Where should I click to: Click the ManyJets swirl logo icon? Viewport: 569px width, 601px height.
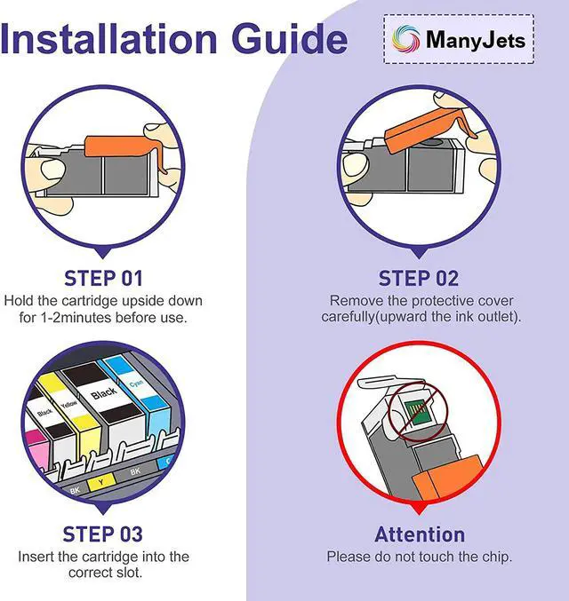pos(405,39)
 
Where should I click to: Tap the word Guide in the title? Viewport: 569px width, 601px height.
pos(290,38)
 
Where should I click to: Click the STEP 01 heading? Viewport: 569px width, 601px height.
pos(103,278)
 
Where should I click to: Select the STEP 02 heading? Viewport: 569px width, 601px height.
pos(419,278)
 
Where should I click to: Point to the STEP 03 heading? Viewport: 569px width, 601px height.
pos(103,534)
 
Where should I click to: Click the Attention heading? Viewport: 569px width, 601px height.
pos(420,534)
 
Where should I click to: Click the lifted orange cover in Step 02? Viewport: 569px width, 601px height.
pos(430,129)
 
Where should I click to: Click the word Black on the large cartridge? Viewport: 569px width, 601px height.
pos(104,393)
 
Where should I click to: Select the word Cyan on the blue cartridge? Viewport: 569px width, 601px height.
pos(136,383)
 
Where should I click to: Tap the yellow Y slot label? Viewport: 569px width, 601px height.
pos(101,482)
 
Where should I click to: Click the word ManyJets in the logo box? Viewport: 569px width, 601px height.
pos(476,39)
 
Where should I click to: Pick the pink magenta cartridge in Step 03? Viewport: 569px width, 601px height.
pos(37,448)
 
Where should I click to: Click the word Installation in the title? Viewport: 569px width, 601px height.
pos(108,38)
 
